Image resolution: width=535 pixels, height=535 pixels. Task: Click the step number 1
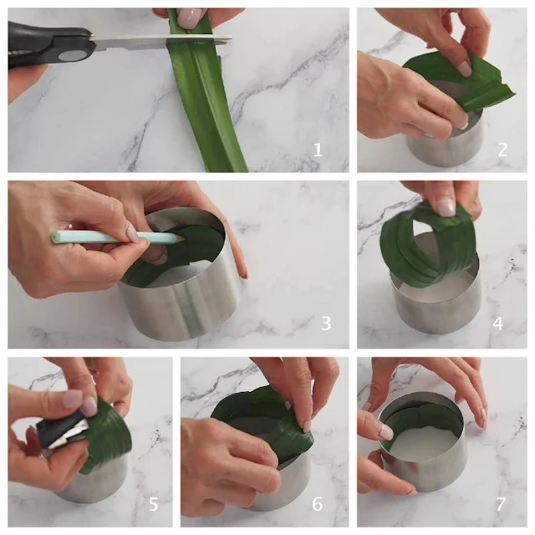318,150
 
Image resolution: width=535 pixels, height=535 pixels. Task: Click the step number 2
502,150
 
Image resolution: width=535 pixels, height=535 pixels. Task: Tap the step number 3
326,323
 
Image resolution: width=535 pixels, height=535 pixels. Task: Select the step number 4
497,323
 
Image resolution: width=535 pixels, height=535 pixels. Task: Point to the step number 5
154,503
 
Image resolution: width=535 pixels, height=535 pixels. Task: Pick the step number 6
317,503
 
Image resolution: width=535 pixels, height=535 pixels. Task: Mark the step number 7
501,503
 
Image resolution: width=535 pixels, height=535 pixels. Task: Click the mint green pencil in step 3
117,237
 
